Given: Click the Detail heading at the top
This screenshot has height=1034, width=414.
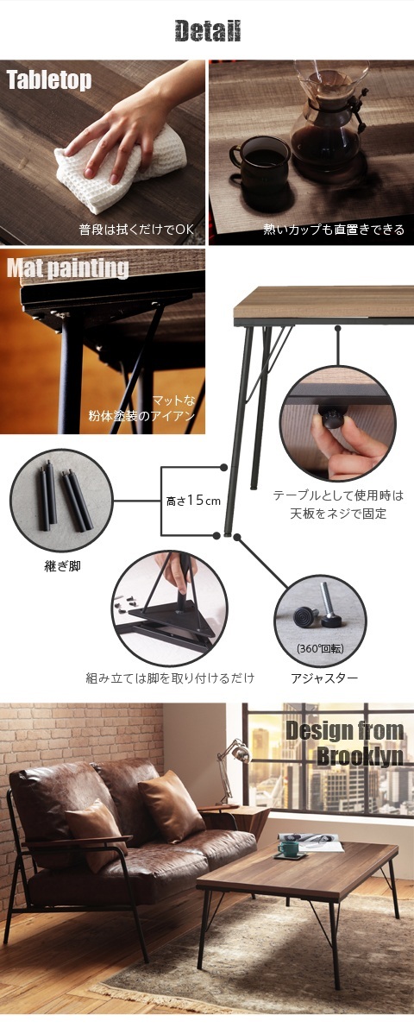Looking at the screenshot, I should pyautogui.click(x=207, y=32).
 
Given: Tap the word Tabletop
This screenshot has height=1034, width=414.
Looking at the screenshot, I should pyautogui.click(x=49, y=81).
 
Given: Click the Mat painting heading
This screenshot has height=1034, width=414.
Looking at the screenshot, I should pyautogui.click(x=67, y=268).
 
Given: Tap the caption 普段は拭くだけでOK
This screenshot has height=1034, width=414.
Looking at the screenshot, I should pyautogui.click(x=137, y=230).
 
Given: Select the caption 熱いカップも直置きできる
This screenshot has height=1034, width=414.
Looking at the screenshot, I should pyautogui.click(x=333, y=230).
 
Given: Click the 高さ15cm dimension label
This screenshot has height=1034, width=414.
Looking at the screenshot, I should pyautogui.click(x=193, y=500).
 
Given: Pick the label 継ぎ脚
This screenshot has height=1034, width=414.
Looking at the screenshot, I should pyautogui.click(x=61, y=566).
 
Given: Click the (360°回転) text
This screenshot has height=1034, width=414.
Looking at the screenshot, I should pyautogui.click(x=320, y=648).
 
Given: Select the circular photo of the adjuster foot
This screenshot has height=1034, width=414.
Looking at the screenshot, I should pyautogui.click(x=320, y=617).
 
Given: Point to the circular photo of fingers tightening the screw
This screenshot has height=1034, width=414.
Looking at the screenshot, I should pyautogui.click(x=337, y=423).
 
